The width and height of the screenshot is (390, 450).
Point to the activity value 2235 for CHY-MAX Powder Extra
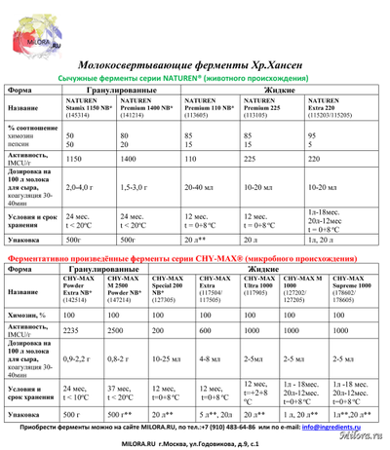coord(73,329)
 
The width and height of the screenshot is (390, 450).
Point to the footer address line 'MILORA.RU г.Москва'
coord(195,442)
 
